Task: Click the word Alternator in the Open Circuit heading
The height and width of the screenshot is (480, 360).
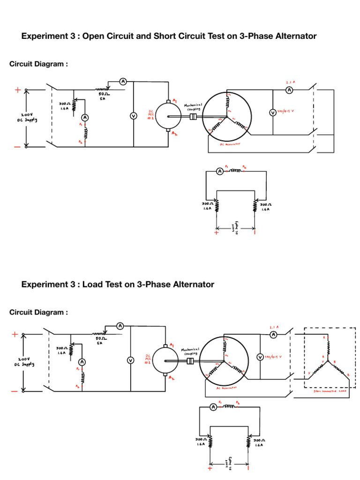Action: [x=293, y=36]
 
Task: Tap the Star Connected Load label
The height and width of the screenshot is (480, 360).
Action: [x=330, y=390]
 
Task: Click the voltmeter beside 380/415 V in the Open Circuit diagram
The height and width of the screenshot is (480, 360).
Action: [x=272, y=112]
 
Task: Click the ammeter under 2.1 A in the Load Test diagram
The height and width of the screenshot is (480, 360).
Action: [x=273, y=334]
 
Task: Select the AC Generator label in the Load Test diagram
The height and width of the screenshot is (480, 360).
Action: [x=226, y=388]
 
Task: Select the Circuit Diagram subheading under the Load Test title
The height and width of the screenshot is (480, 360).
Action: [x=38, y=312]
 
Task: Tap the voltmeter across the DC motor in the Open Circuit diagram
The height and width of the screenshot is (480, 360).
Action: [x=133, y=116]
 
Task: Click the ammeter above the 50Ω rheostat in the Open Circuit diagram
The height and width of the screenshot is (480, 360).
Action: [x=123, y=82]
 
